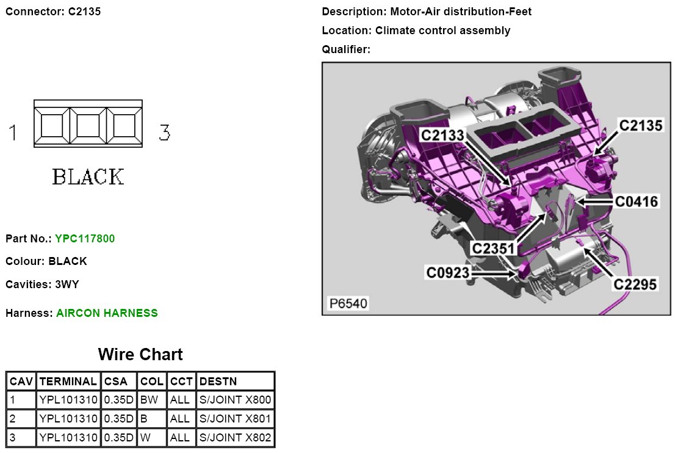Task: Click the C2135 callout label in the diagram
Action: pos(640,126)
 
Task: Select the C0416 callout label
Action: pos(637,201)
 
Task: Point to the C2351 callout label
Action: pos(494,248)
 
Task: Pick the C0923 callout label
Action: pos(449,272)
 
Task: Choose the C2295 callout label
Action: pos(635,284)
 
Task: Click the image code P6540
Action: pos(349,303)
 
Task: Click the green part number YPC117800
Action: pos(85,239)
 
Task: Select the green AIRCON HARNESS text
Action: pos(107,313)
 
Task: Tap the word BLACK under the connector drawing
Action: pos(88,177)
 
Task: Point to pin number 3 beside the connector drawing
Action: pos(164,132)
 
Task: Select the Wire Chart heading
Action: pos(140,355)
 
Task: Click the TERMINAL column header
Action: pos(68,382)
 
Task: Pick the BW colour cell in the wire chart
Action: pos(149,400)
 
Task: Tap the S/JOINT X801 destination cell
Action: pos(236,419)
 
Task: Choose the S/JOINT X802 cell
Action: pos(236,438)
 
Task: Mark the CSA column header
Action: pos(116,382)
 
